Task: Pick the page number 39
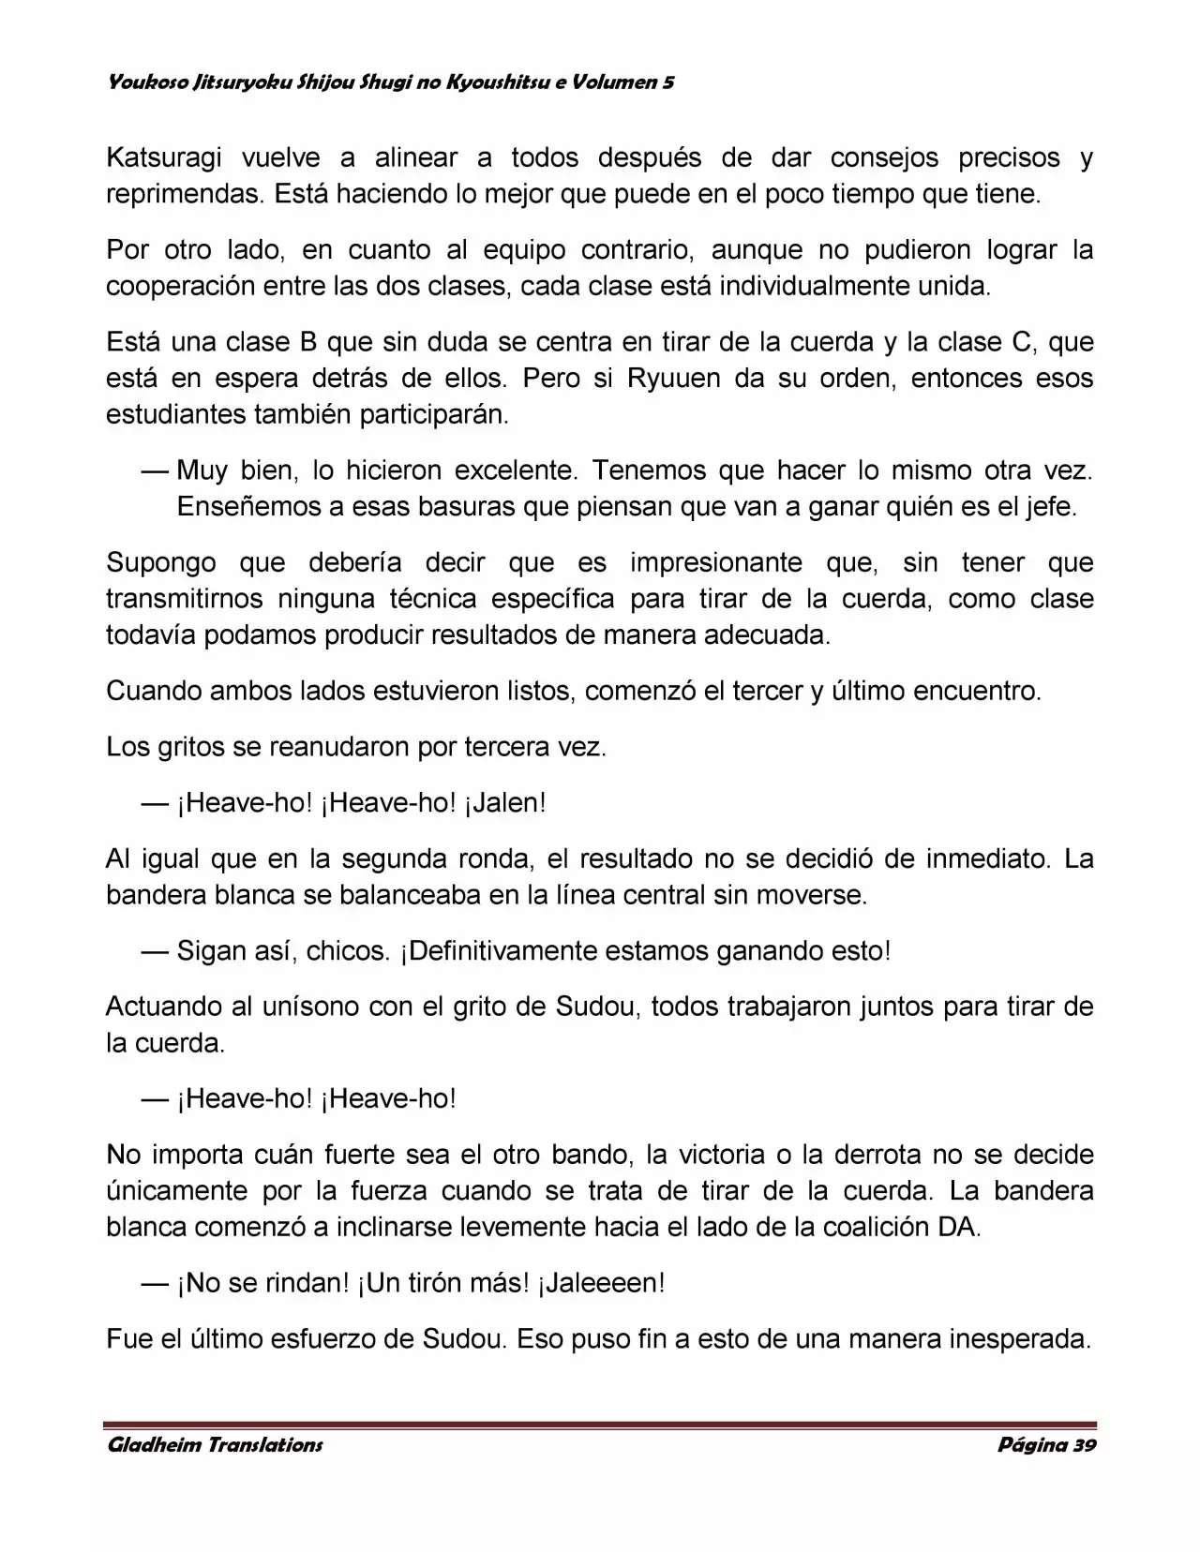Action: tap(1085, 1444)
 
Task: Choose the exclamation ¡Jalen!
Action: tap(505, 803)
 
